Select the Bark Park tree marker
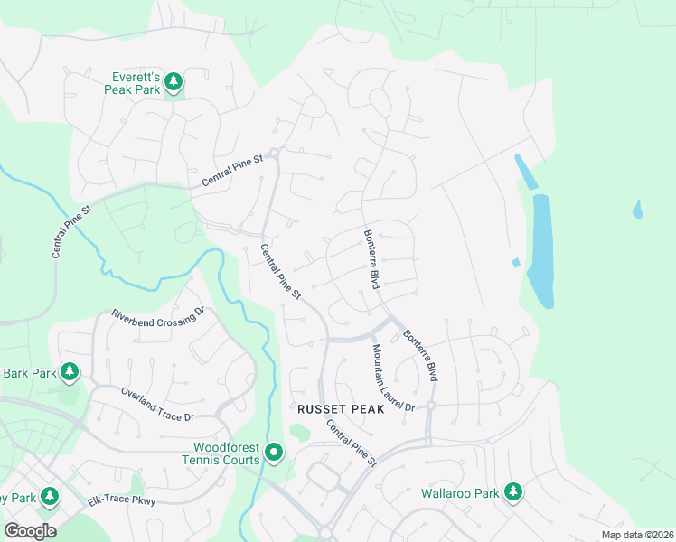click(x=69, y=372)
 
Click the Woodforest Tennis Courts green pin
click(x=274, y=452)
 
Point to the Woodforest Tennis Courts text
click(x=226, y=453)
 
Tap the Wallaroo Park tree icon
click(x=513, y=493)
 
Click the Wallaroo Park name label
click(x=461, y=494)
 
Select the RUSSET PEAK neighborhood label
click(x=341, y=409)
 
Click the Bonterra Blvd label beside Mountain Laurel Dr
click(x=419, y=354)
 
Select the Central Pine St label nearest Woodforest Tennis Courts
click(x=351, y=443)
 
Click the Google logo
click(x=30, y=531)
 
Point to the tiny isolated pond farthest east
click(x=638, y=210)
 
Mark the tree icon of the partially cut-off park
click(x=49, y=497)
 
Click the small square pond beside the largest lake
click(x=515, y=263)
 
